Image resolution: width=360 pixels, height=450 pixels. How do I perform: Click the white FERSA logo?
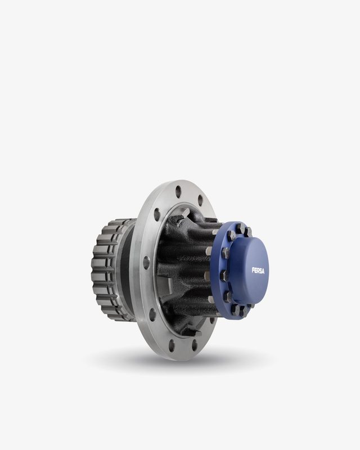click(258, 271)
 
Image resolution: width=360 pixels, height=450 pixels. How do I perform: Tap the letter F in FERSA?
click(253, 270)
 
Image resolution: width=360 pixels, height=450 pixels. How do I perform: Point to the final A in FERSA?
click(263, 271)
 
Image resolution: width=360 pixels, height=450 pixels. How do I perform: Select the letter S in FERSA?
click(260, 271)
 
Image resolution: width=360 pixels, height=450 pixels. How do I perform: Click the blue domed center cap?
click(250, 271)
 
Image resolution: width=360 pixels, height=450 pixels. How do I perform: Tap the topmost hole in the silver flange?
click(178, 191)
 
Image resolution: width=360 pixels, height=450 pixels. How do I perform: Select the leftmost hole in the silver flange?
click(146, 263)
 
